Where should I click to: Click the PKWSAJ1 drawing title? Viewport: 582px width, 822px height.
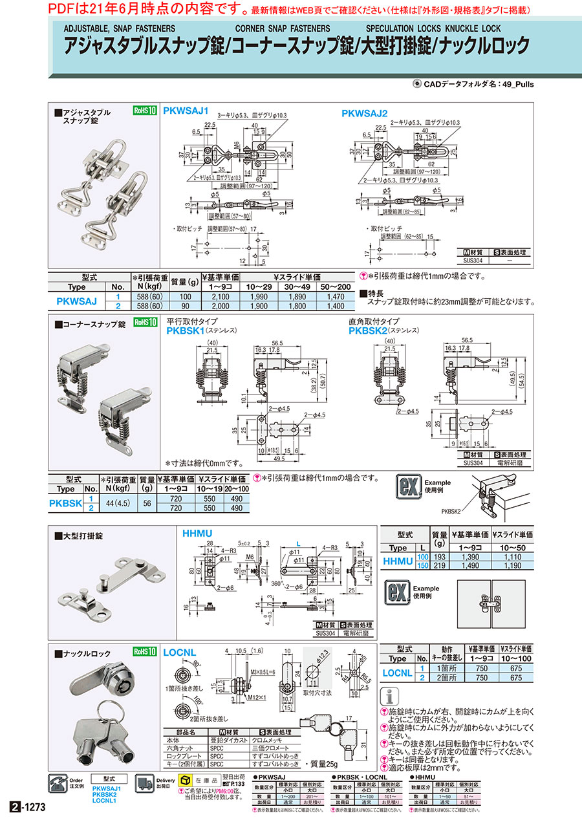pos(186,111)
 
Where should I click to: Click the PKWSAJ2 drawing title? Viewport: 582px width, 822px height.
pos(364,113)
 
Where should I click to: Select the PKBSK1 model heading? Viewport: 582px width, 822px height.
pos(186,330)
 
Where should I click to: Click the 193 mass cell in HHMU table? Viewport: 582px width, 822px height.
pos(440,557)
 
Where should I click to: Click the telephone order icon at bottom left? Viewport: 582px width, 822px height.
pos(58,784)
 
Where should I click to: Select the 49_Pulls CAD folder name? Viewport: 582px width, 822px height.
pos(517,85)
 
